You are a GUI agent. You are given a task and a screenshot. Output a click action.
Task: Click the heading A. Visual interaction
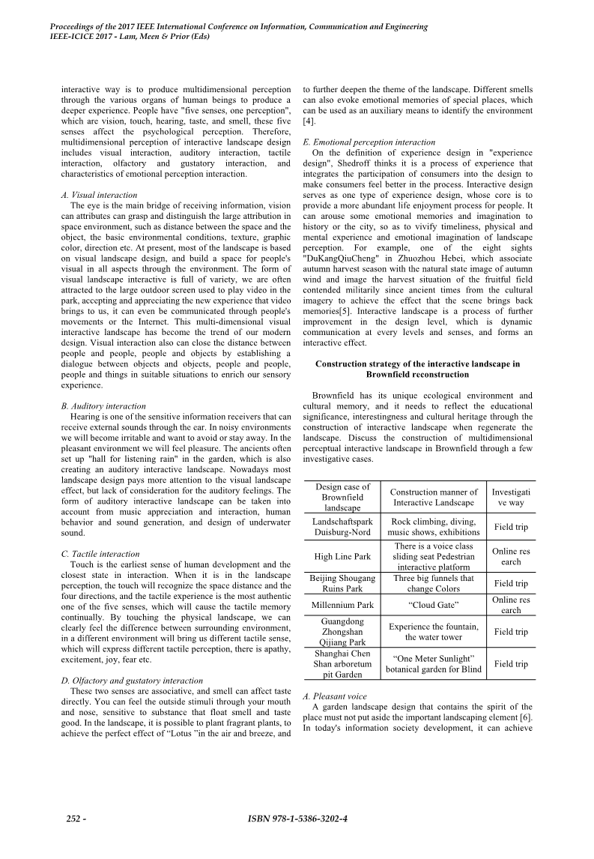[x=99, y=195]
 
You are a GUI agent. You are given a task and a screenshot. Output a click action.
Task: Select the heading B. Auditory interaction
[x=103, y=406]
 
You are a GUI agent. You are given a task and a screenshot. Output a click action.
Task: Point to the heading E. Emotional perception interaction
[x=369, y=142]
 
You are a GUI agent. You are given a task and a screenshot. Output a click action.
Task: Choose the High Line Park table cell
[x=341, y=557]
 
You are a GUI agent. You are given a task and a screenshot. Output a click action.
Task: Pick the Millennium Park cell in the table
[x=341, y=604]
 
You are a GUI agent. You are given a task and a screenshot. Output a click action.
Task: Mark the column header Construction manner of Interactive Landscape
[x=434, y=497]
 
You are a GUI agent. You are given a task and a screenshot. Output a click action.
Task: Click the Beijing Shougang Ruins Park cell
[x=341, y=583]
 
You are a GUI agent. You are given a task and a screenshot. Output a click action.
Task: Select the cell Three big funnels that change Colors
[x=434, y=583]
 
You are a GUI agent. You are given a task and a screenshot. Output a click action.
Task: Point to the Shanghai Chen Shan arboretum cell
[x=341, y=664]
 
